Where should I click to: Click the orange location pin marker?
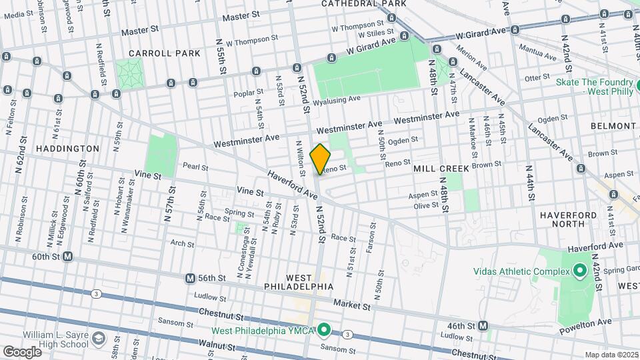click(321, 158)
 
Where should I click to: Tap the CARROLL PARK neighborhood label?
click(155, 53)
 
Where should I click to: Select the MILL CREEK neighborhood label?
click(441, 169)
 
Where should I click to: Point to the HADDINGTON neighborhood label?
click(68, 149)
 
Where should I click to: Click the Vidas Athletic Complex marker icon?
click(580, 271)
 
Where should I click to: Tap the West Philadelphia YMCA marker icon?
click(325, 330)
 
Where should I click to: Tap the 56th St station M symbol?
click(191, 278)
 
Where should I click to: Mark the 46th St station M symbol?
click(484, 326)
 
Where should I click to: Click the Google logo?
click(22, 351)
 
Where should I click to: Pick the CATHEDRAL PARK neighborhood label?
click(363, 3)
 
